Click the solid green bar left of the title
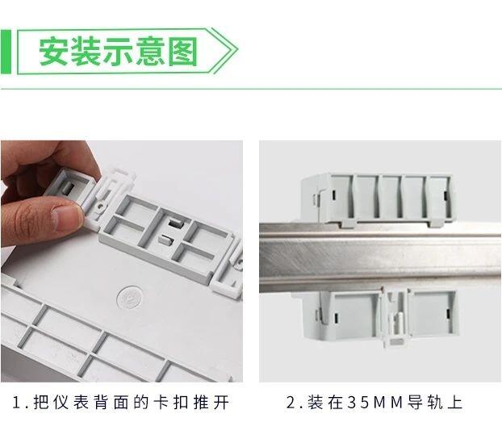(6, 52)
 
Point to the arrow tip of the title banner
(237, 49)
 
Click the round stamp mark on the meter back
(130, 298)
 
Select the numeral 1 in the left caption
(17, 403)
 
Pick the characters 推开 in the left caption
(211, 403)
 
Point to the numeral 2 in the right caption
(291, 403)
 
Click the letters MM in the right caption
(387, 403)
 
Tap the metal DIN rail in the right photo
(380, 257)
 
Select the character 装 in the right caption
(315, 403)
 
